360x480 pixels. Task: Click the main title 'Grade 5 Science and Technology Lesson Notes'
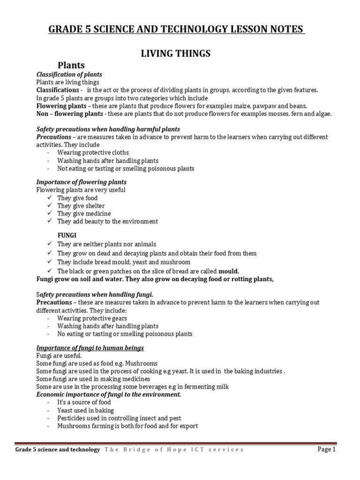[177, 30]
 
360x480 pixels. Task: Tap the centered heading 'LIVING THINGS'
[176, 54]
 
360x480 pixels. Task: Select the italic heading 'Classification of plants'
[69, 75]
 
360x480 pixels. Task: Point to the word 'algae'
[321, 113]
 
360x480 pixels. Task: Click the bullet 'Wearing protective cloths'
[93, 153]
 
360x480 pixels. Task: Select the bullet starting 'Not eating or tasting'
[126, 168]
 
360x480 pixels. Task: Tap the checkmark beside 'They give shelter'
[50, 206]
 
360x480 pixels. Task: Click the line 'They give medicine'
[84, 213]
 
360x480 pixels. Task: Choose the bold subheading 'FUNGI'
[67, 234]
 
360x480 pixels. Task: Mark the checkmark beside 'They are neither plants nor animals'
[50, 244]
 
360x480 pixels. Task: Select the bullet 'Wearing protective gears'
[92, 318]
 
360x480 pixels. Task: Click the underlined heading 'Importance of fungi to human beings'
[90, 348]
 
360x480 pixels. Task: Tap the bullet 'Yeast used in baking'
[85, 410]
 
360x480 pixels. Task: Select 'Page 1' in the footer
[327, 450]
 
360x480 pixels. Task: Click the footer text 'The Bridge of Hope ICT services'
[174, 450]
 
